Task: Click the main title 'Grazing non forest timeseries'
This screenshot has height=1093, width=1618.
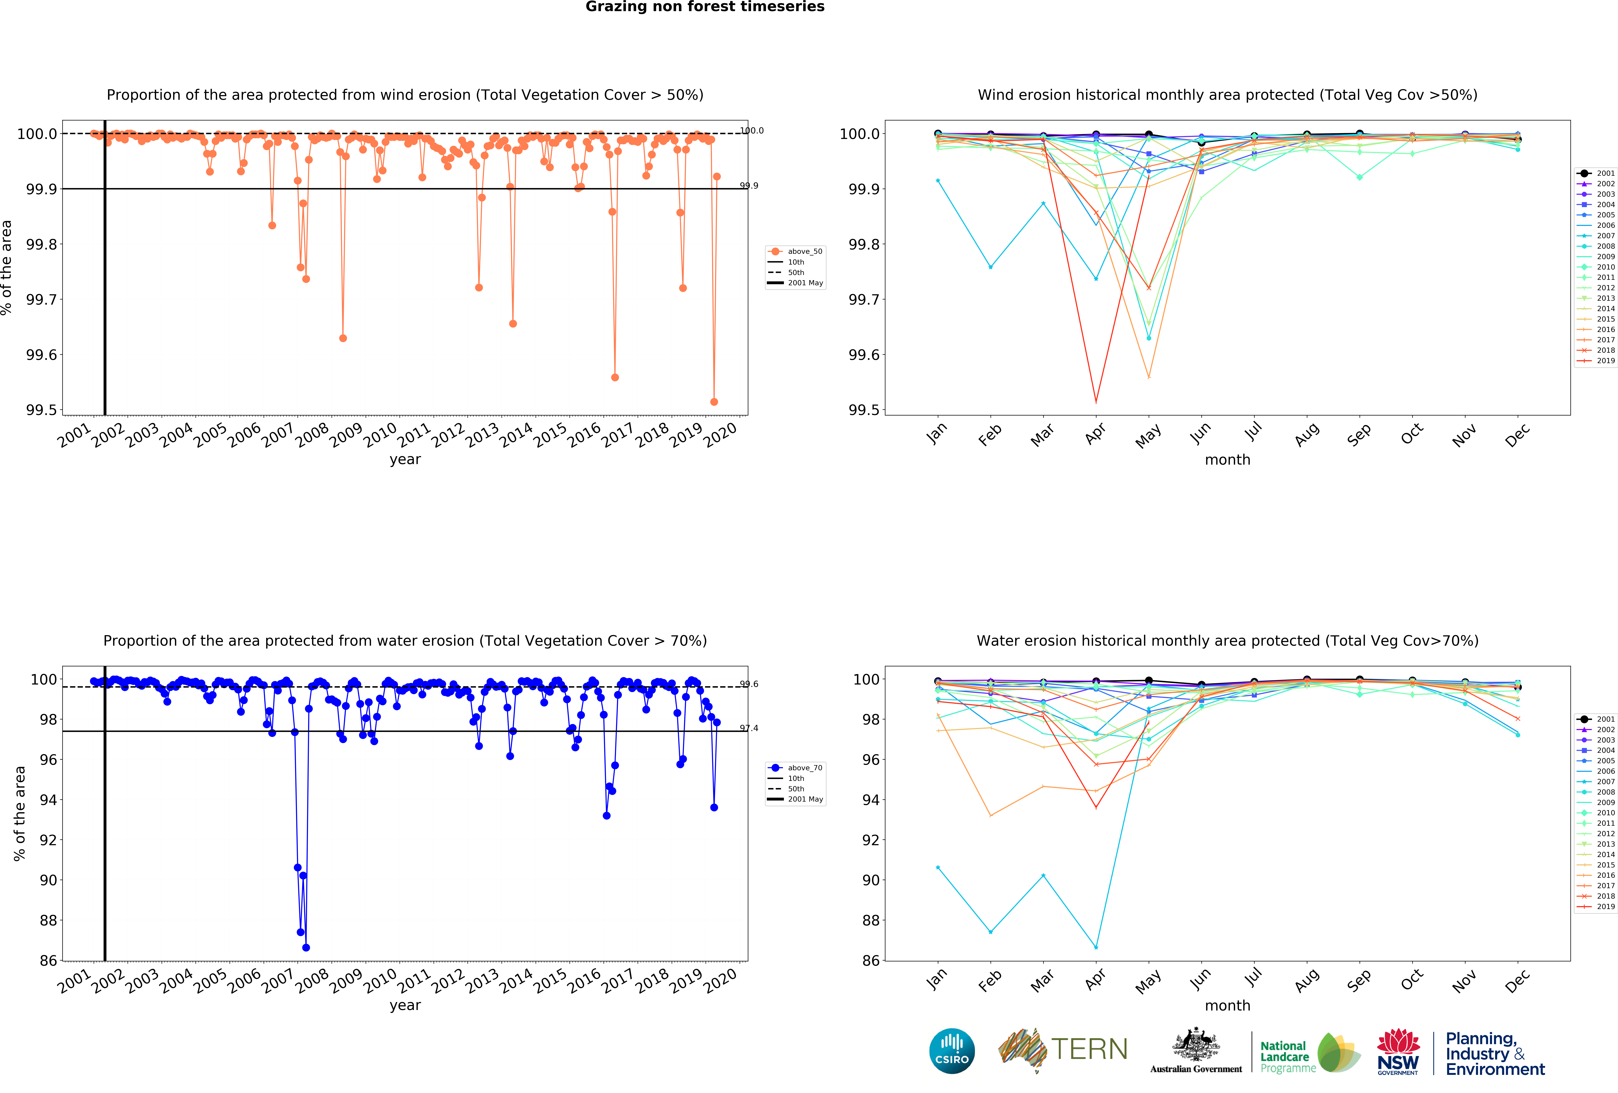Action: [x=705, y=7]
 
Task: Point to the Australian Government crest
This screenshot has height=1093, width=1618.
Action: [x=1195, y=1044]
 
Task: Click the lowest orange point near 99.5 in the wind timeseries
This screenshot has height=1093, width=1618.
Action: [x=714, y=402]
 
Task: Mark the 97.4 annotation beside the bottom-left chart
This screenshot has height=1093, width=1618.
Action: [x=749, y=728]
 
